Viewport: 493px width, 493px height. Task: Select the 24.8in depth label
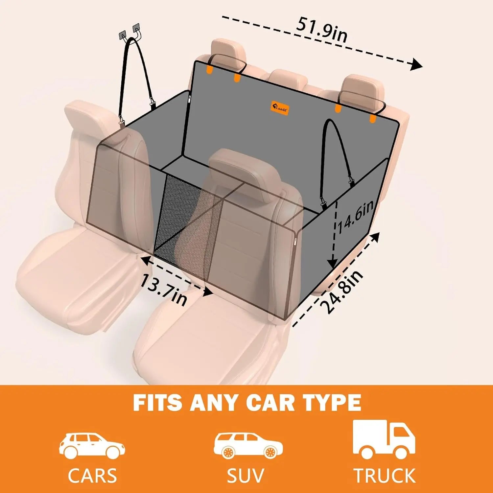pyautogui.click(x=343, y=292)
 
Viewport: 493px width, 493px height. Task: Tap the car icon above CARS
pyautogui.click(x=92, y=446)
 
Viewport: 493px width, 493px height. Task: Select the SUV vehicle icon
pyautogui.click(x=248, y=446)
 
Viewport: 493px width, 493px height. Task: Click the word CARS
pyautogui.click(x=92, y=476)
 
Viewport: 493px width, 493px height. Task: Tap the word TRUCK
pyautogui.click(x=384, y=476)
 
